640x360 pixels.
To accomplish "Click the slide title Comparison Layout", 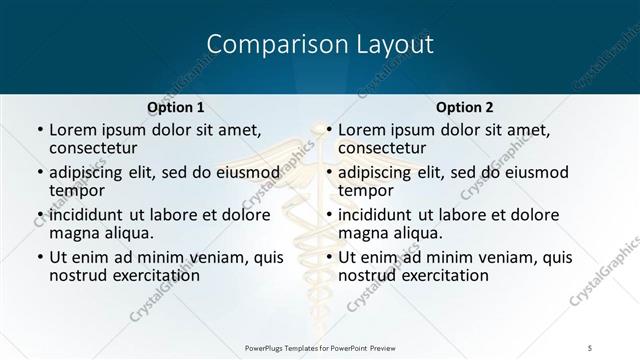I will (x=320, y=45).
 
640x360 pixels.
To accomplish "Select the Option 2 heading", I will (x=465, y=107).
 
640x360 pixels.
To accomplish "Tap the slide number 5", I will (x=591, y=346).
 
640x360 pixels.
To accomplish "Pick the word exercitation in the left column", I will (x=153, y=275).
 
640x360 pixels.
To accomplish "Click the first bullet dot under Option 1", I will (x=39, y=131).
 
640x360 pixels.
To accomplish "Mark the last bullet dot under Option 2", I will (x=328, y=257).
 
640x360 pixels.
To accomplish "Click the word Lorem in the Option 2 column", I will (x=362, y=130).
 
